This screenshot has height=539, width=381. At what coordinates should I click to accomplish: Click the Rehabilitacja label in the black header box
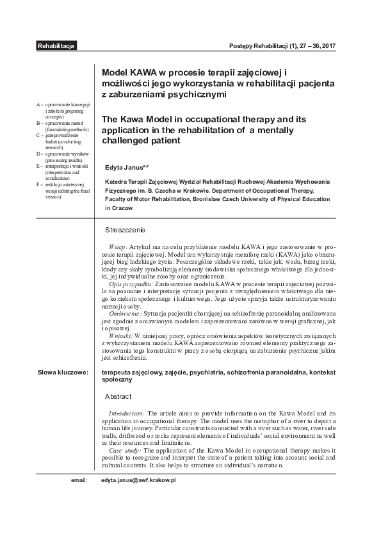tap(57, 47)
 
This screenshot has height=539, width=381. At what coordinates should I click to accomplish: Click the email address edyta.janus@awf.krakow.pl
tap(138, 479)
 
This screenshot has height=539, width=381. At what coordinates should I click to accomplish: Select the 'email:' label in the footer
tap(79, 479)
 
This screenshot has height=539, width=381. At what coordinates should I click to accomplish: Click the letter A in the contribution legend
tap(38, 104)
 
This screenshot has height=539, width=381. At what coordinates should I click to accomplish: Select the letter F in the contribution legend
tap(38, 184)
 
